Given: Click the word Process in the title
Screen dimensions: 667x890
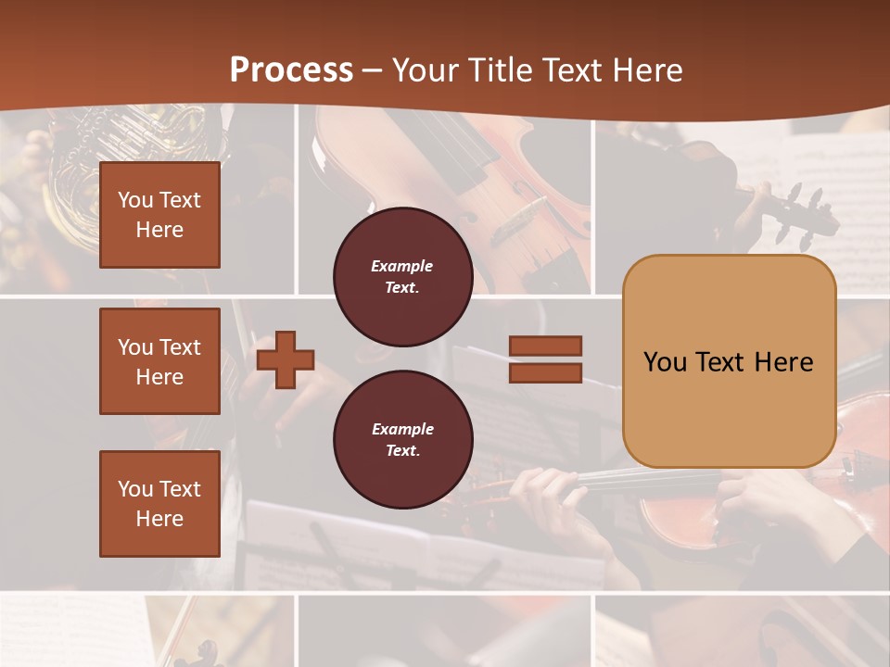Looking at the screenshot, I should (x=291, y=69).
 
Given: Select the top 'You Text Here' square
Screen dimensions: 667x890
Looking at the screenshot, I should (x=159, y=215).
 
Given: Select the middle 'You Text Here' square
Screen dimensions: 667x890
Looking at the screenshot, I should (x=159, y=361).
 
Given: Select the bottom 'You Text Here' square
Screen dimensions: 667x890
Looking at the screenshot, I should (x=159, y=504).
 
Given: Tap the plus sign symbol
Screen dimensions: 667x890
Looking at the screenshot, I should (x=286, y=359).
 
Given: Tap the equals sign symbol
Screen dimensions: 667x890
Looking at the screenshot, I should (x=545, y=359).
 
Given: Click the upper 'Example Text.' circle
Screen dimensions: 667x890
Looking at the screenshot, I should (x=402, y=277).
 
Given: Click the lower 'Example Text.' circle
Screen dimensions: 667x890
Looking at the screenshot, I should (x=402, y=440).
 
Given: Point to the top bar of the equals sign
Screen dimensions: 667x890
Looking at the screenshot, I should (x=545, y=346).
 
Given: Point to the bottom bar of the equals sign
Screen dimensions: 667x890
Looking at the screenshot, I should (x=545, y=372).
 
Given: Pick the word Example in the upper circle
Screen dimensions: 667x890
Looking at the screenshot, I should (x=402, y=266).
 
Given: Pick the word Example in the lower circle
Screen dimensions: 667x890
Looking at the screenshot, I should (x=402, y=429).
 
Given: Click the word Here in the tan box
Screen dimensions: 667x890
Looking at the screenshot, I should (x=784, y=362).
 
